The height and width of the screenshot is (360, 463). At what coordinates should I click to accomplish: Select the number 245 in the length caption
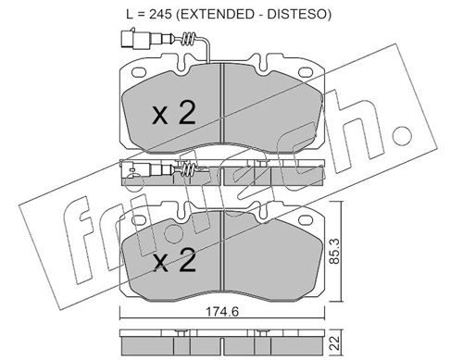pyautogui.click(x=160, y=14)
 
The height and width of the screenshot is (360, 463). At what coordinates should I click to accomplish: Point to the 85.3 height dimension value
pyautogui.click(x=334, y=251)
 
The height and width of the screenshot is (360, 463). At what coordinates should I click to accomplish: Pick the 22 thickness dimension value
pyautogui.click(x=334, y=342)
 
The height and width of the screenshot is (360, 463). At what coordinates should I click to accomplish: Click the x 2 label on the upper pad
pyautogui.click(x=174, y=114)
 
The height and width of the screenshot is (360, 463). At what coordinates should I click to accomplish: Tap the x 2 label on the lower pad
pyautogui.click(x=174, y=261)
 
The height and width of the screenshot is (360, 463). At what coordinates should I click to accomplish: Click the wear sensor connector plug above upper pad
pyautogui.click(x=135, y=38)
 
